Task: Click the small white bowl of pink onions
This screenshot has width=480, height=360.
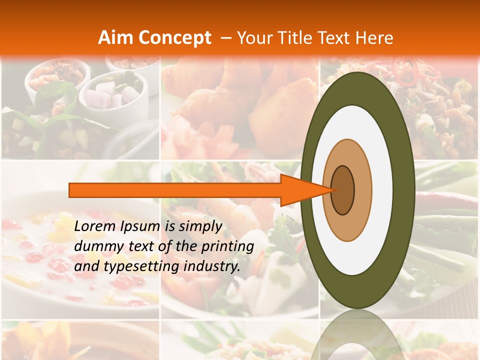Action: coord(112,92)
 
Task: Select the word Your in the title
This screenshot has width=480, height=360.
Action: coord(253,38)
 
